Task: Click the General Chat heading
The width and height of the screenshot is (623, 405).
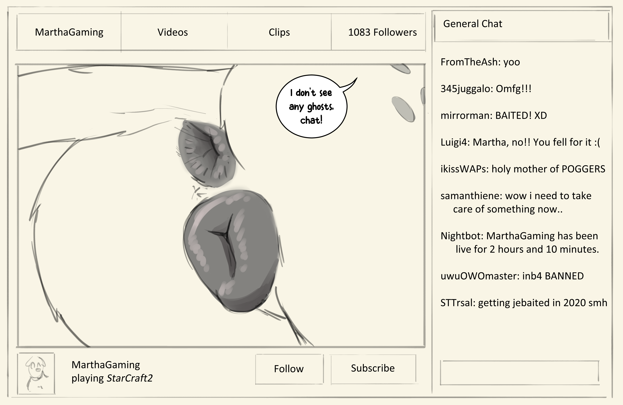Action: pyautogui.click(x=472, y=24)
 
